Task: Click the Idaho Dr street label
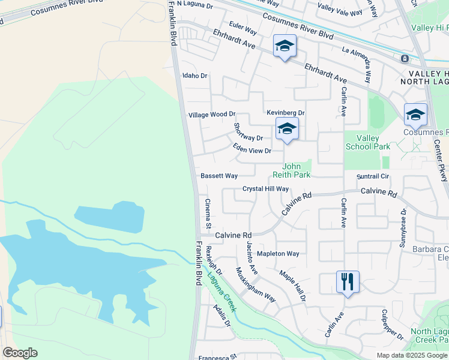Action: coord(194,76)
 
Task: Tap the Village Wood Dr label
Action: coord(211,114)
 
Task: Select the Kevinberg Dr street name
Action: coord(286,113)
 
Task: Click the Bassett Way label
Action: coord(219,176)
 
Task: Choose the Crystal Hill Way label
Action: coord(265,188)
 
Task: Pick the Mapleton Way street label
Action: coord(277,254)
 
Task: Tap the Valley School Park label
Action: coord(367,142)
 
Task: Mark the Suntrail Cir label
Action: coord(373,176)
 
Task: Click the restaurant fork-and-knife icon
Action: coord(348,281)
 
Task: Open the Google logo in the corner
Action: coord(20,353)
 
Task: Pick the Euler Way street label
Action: coord(243,31)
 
